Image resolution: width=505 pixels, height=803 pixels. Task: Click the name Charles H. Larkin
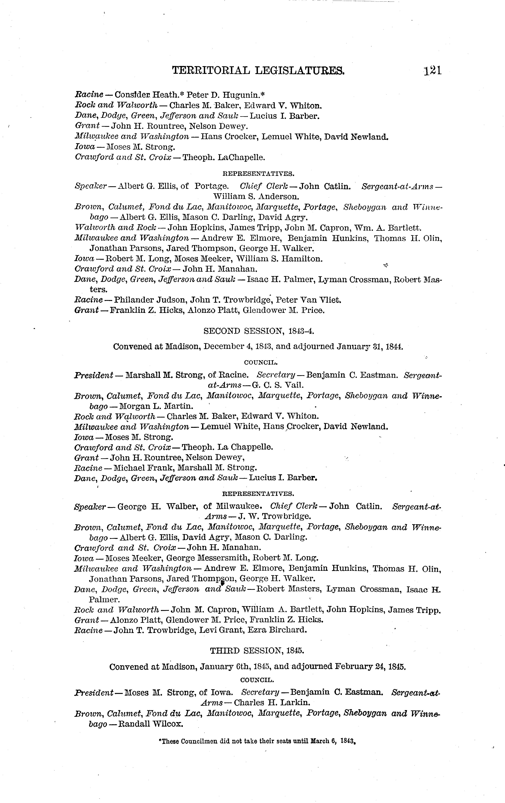coord(272,703)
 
